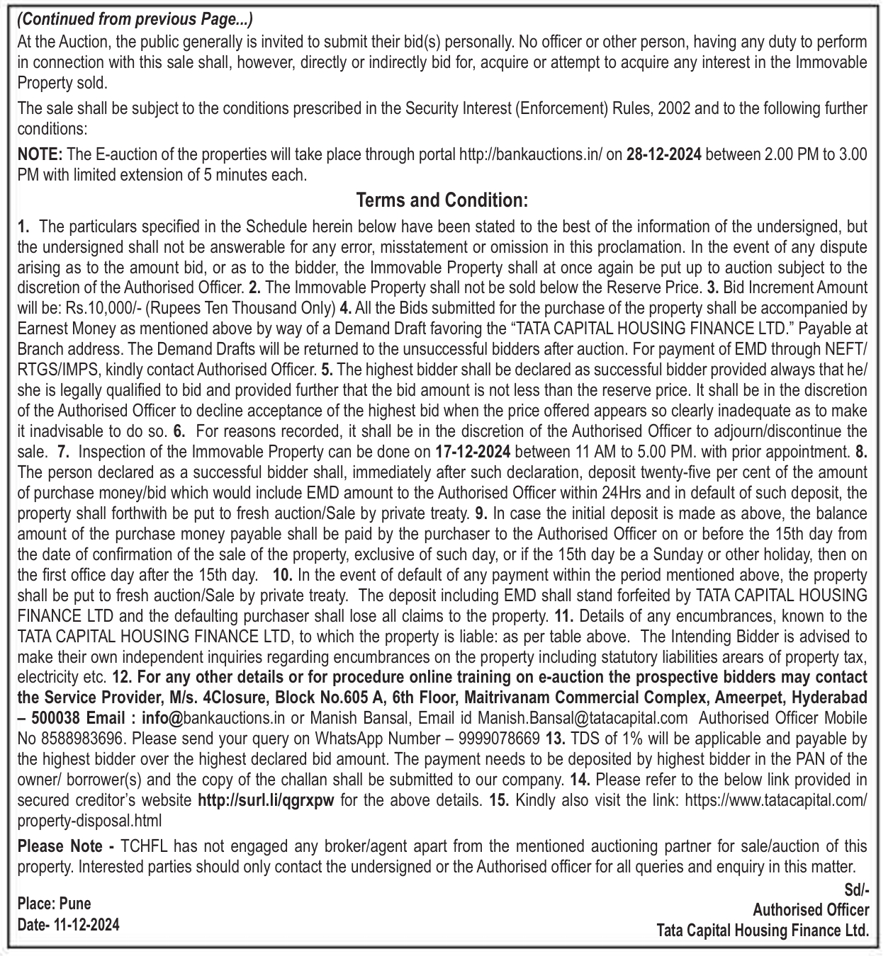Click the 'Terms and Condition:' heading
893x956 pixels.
[x=442, y=200]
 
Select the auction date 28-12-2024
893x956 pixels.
[x=664, y=155]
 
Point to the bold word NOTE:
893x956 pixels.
[x=40, y=155]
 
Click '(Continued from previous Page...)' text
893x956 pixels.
[x=135, y=19]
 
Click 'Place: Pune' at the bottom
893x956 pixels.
[x=54, y=904]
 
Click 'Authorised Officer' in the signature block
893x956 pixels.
[x=811, y=910]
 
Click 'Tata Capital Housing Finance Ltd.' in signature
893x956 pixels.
[x=763, y=931]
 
